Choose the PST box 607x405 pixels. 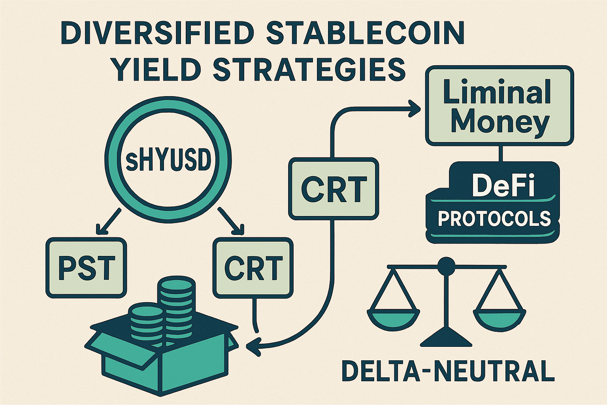[87, 268]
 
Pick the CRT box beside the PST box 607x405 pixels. [253, 268]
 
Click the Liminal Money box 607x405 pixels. [500, 106]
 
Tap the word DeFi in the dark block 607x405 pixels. [503, 186]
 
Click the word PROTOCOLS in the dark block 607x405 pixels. [494, 218]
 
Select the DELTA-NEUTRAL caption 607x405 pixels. [448, 371]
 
